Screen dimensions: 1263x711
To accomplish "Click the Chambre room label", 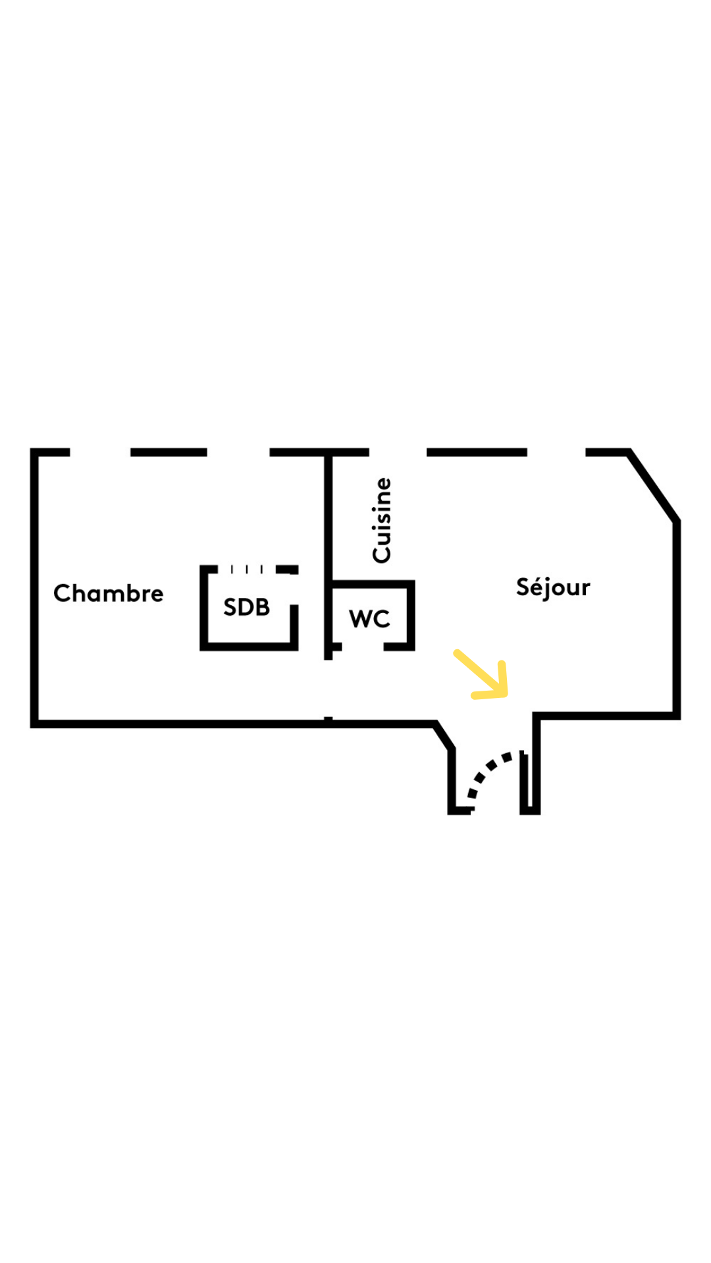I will [x=108, y=593].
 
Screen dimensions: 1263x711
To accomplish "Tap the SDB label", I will [x=246, y=607].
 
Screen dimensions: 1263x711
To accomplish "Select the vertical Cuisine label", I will [x=382, y=520].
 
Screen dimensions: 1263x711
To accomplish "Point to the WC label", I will [x=369, y=618].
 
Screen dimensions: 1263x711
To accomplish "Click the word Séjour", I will [x=553, y=587].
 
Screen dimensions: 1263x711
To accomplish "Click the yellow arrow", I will [x=484, y=676].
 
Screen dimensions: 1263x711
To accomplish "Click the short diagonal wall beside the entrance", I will [x=444, y=735].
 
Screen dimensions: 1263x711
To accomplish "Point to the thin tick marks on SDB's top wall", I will [x=247, y=569].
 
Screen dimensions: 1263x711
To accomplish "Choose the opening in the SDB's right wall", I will [x=294, y=590].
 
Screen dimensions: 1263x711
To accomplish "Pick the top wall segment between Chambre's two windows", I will [x=169, y=453].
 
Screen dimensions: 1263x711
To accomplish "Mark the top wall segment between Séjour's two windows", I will [x=477, y=453].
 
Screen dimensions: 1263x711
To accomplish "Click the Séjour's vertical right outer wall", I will [x=676, y=618].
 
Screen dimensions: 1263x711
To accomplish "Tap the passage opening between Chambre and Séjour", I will [x=328, y=688].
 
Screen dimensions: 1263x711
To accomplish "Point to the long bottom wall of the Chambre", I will [x=178, y=724].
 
